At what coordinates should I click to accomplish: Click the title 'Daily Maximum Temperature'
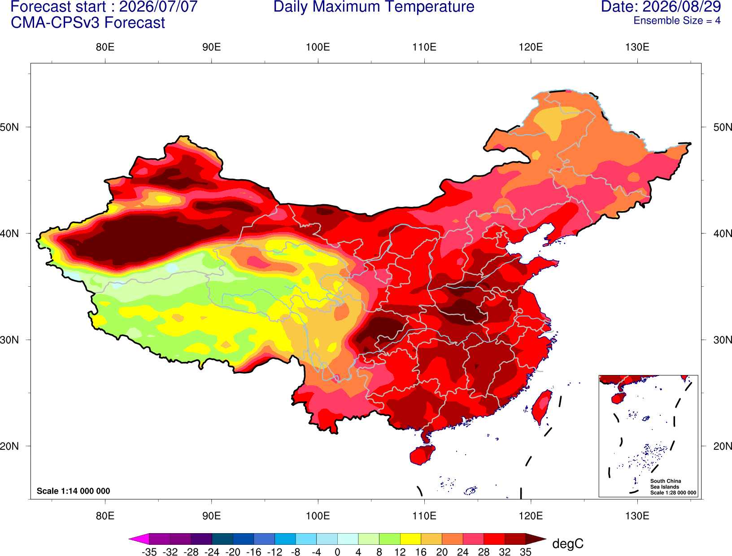coord(374,6)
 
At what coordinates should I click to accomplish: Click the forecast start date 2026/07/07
coord(158,6)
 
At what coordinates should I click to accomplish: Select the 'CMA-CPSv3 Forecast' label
coord(88,23)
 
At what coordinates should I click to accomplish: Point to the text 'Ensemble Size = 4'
coord(677,21)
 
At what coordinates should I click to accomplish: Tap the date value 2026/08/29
coord(682,6)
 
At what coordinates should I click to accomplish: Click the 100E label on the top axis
coord(318,47)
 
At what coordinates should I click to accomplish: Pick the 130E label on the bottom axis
coord(637,516)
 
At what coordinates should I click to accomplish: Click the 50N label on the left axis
coord(9,127)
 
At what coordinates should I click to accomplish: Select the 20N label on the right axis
coord(722,446)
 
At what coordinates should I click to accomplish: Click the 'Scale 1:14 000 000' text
coord(74,491)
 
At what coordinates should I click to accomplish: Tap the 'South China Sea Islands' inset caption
coord(666,484)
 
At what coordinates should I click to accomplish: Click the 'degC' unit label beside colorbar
coord(567,543)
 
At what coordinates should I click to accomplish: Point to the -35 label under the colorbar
coord(149,552)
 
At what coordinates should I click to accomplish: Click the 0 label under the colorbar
coord(337,552)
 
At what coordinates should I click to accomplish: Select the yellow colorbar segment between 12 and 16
coord(410,539)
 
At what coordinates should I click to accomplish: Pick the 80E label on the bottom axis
coord(105,516)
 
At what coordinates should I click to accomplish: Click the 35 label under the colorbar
coord(526,552)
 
